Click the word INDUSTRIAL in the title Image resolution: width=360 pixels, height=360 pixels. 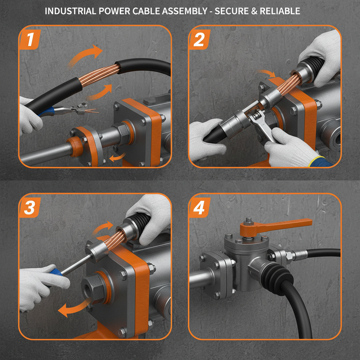coord(70,11)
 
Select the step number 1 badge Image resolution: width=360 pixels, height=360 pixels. coord(30,39)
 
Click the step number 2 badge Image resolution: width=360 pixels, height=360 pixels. coord(199,39)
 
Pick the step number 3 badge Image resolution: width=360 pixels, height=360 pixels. coord(30,207)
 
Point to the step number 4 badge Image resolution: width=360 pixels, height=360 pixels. coord(199,207)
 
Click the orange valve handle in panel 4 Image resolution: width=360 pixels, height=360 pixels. coord(276,225)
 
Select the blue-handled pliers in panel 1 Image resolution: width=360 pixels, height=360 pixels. coord(66,110)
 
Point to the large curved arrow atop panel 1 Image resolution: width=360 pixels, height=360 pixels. coord(85,56)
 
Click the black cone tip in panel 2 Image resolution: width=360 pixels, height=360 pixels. coord(211,135)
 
